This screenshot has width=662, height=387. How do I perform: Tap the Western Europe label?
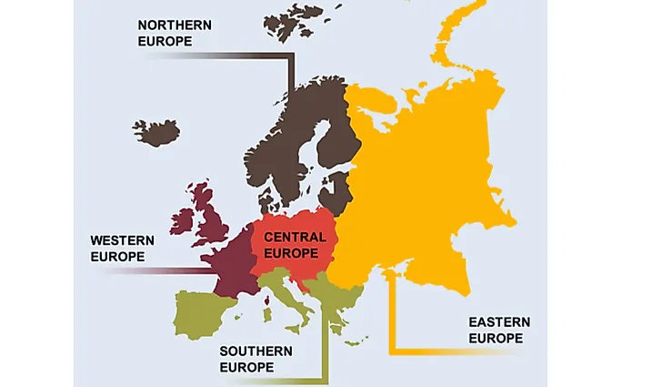click(122, 248)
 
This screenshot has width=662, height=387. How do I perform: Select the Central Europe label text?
click(295, 243)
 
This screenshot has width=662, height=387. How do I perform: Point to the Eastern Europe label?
click(499, 330)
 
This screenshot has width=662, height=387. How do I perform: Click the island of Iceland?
click(156, 132)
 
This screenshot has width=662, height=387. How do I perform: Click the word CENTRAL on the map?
click(295, 236)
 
